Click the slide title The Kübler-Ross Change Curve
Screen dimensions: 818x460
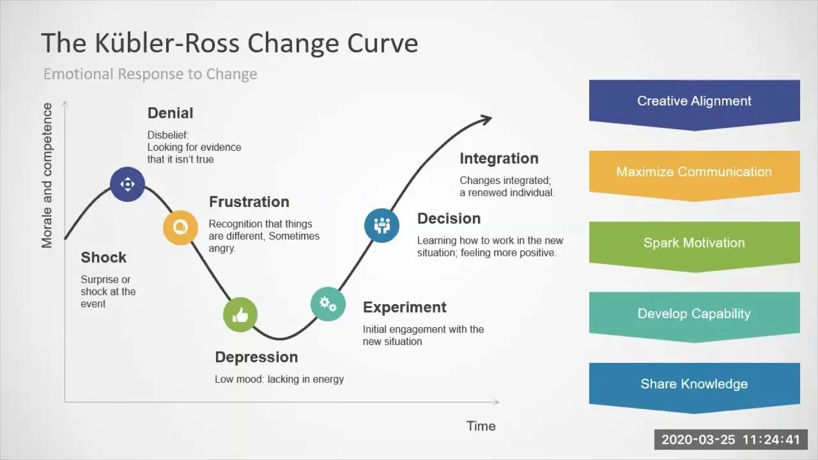tap(229, 43)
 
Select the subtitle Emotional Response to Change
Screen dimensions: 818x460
tap(150, 74)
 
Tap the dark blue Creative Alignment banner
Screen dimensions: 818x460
tap(694, 102)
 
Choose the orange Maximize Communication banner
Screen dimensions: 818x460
tap(694, 172)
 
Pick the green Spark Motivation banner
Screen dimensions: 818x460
tap(694, 243)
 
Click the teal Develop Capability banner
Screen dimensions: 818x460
tap(694, 314)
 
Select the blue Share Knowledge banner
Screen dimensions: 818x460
tap(694, 385)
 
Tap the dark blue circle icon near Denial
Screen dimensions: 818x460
tap(127, 185)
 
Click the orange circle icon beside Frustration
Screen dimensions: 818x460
tap(180, 227)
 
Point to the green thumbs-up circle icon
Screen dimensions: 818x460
tap(240, 314)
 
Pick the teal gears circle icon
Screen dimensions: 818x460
tap(328, 303)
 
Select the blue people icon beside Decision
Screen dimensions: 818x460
tap(382, 225)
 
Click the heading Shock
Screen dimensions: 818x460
tap(104, 257)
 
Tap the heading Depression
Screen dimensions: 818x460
tap(256, 357)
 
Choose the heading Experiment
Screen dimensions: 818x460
tap(405, 307)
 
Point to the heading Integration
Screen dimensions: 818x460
tap(499, 158)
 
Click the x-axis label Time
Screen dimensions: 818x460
tap(481, 426)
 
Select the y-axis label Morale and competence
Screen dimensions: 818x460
tap(47, 176)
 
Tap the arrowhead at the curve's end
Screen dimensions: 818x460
tap(486, 119)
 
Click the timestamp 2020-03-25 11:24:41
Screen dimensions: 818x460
tap(730, 440)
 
